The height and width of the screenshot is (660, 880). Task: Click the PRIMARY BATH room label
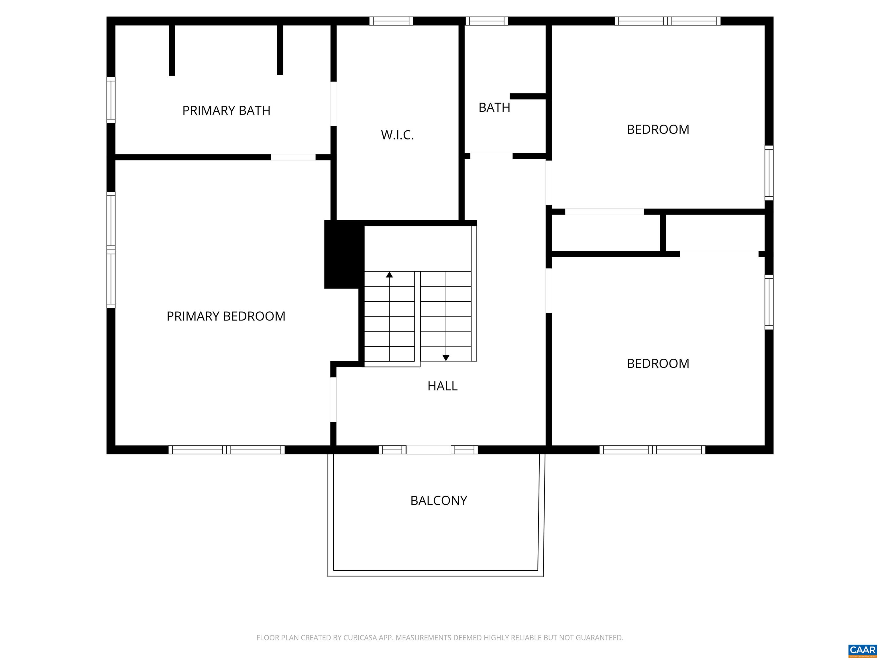[226, 110]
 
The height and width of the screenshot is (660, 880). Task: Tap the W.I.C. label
[397, 135]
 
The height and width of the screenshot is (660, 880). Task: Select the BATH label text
[494, 107]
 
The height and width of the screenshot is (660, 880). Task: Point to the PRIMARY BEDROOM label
[226, 316]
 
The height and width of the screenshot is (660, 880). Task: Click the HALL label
[442, 386]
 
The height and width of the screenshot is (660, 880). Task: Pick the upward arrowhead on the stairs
[390, 274]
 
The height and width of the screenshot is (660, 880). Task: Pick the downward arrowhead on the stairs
[446, 358]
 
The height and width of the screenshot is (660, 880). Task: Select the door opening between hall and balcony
[429, 450]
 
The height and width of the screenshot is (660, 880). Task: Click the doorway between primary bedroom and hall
[333, 399]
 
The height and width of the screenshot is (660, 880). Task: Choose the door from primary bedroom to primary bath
[293, 157]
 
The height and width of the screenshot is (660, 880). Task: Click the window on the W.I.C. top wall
[391, 21]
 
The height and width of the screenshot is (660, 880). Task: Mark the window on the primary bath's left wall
[111, 100]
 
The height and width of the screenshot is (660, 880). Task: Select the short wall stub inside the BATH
[528, 96]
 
